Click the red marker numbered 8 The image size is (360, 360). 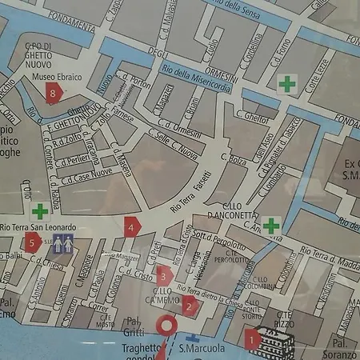(x=53, y=93)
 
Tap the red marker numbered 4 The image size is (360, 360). (x=131, y=226)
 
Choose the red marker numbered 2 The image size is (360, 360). (x=189, y=305)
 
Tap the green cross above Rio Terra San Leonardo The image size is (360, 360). (x=39, y=211)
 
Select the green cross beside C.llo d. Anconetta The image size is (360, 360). (x=272, y=226)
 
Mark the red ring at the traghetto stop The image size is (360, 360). (x=168, y=325)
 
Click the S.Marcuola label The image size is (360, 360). (x=200, y=349)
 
